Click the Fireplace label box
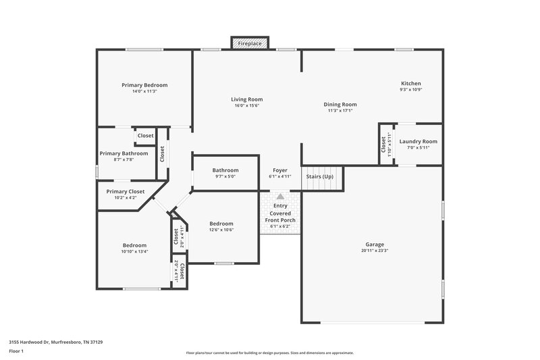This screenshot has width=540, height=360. coord(250,43)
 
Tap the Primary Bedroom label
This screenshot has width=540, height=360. coord(144,85)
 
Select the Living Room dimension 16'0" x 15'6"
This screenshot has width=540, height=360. coord(247,106)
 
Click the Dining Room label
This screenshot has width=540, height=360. coord(340,105)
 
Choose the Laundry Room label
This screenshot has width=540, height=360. coord(418,142)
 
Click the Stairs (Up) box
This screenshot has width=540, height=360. coord(320,177)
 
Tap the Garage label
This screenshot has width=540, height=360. coord(375,244)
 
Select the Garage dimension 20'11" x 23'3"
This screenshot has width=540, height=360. coord(375,251)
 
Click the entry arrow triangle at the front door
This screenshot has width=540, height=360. coord(280,197)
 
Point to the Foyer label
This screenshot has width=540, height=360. coord(280,170)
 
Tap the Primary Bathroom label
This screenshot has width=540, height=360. coord(124,153)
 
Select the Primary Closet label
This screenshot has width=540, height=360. coord(126,191)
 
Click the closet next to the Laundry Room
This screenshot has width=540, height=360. coord(384,143)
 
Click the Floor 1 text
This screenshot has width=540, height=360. coord(16,352)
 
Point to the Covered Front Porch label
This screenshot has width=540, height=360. coord(279,216)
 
